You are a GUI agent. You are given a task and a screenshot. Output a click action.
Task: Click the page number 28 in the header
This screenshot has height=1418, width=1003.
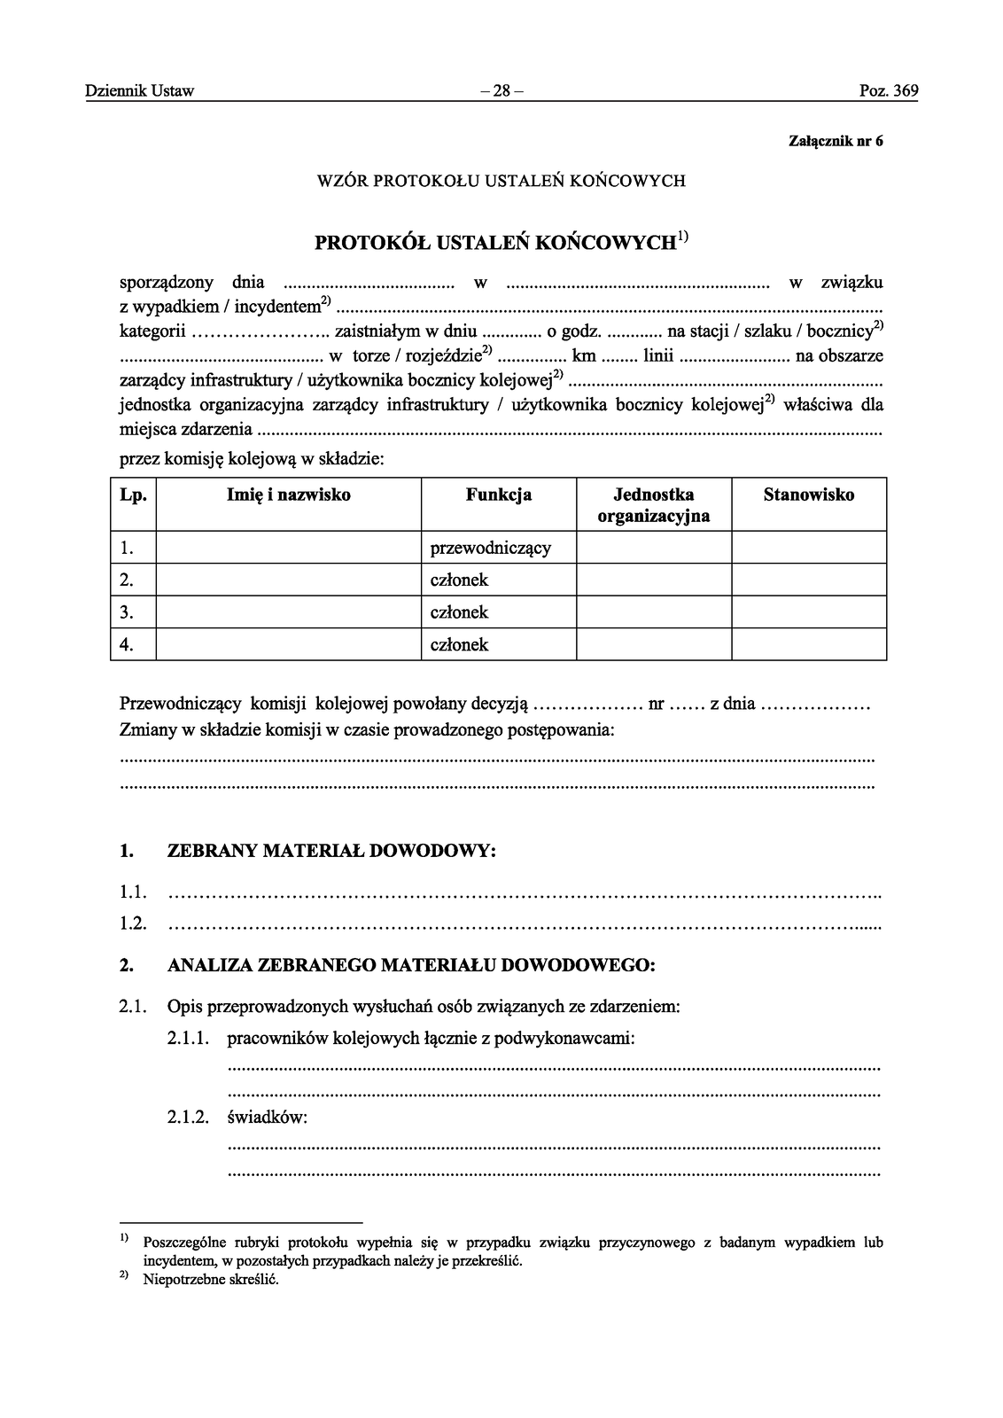(501, 90)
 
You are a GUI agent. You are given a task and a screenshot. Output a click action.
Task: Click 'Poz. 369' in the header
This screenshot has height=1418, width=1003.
(889, 90)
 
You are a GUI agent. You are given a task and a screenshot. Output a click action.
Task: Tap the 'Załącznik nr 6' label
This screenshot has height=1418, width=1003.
(836, 141)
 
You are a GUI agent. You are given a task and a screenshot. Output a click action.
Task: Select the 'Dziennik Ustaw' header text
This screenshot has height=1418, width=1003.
(140, 90)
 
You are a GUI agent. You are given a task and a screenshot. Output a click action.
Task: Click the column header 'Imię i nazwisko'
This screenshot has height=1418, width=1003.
(289, 495)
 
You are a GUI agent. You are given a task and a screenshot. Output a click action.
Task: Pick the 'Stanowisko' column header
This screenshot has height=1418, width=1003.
(808, 495)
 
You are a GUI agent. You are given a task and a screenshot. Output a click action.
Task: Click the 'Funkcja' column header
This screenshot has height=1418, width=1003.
(498, 495)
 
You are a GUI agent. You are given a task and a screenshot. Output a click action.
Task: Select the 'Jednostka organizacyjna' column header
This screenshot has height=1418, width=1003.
(654, 505)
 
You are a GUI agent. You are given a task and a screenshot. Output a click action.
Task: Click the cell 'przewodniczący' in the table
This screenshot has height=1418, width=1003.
(490, 548)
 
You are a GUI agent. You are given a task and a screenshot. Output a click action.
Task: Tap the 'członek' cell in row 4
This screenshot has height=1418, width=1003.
(459, 645)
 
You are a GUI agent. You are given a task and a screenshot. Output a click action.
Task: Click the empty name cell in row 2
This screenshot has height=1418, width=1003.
(289, 580)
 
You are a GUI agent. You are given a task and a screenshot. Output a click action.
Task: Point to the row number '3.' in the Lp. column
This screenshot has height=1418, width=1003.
(127, 612)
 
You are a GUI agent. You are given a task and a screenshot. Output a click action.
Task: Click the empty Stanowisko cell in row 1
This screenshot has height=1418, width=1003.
(808, 548)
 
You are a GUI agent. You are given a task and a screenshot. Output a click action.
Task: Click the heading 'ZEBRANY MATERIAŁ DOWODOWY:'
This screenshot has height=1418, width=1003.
(331, 852)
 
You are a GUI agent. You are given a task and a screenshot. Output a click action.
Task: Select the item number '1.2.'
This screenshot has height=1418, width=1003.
(133, 923)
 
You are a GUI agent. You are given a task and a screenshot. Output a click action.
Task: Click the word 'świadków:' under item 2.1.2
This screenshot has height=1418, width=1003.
(267, 1118)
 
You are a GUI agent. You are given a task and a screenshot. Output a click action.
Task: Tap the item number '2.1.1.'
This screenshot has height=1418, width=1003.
(188, 1039)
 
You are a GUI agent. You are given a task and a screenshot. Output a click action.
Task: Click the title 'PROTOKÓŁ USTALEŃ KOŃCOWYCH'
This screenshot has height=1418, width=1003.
(496, 242)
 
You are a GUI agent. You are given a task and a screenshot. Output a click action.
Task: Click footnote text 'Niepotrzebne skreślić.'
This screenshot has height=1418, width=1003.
(211, 1280)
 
